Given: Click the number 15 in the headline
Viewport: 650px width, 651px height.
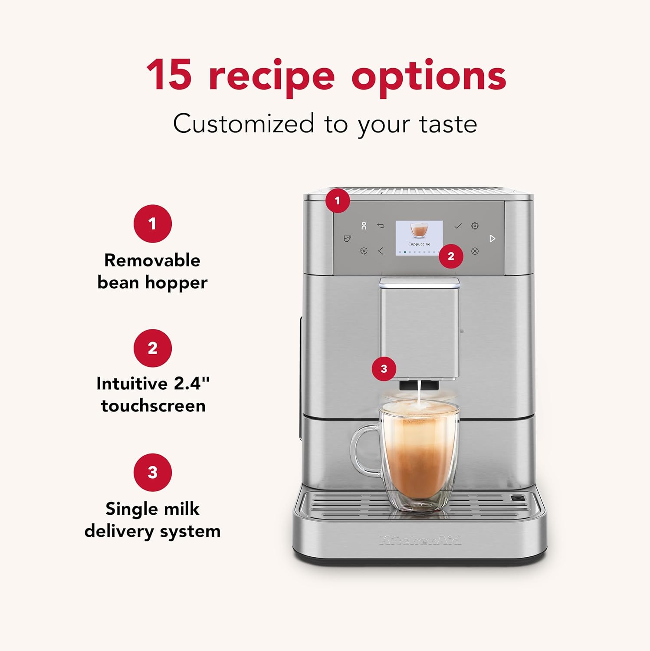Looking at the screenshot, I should point(169,75).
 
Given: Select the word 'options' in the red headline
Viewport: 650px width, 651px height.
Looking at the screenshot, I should point(428,77).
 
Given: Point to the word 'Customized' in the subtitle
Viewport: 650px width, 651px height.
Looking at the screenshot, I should point(243,124).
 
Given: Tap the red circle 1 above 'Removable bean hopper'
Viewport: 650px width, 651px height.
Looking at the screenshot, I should point(152,224).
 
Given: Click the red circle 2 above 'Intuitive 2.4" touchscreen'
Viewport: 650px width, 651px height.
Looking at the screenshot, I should point(152,348).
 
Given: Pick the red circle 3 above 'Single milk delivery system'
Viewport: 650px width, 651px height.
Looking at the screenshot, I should point(152,472).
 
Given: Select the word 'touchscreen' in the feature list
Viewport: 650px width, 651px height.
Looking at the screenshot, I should point(153,406).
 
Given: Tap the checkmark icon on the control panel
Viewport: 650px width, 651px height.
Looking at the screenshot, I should point(457,226).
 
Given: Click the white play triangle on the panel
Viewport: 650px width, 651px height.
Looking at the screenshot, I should point(492,239).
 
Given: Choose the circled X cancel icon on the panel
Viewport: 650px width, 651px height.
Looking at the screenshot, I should point(475,251).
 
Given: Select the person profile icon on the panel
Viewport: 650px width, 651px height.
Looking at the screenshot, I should point(364,226).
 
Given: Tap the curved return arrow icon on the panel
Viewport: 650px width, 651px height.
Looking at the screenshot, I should point(381,226).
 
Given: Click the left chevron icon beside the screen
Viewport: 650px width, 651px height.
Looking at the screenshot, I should point(381,251).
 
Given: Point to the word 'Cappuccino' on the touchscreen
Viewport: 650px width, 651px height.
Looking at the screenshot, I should point(419,244).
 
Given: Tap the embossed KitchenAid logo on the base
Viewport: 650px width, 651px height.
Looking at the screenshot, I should point(420,540).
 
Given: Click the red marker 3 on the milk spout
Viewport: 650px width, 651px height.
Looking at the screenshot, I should point(384,369).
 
